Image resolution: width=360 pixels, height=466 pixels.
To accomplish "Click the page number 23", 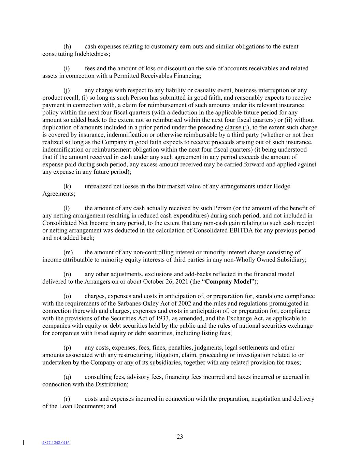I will (180, 437).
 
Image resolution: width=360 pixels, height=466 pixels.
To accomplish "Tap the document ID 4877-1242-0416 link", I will (56, 443).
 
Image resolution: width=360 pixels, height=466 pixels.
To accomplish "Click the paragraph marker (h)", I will (67, 46).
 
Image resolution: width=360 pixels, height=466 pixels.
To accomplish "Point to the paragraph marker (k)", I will (67, 186).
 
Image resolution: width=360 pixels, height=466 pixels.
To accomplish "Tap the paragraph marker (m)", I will (68, 252).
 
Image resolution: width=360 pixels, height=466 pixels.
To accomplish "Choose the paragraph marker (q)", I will (67, 377).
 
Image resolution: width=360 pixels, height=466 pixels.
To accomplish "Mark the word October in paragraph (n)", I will (154, 282).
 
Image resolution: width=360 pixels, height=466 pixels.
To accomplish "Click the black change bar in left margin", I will (23, 443).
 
